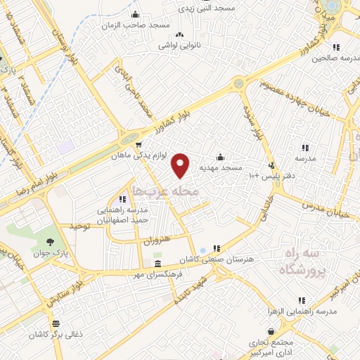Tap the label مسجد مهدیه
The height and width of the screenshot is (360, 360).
click(221, 168)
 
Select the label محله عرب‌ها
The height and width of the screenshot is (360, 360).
click(166, 191)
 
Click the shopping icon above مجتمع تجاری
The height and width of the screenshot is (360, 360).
click(271, 332)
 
